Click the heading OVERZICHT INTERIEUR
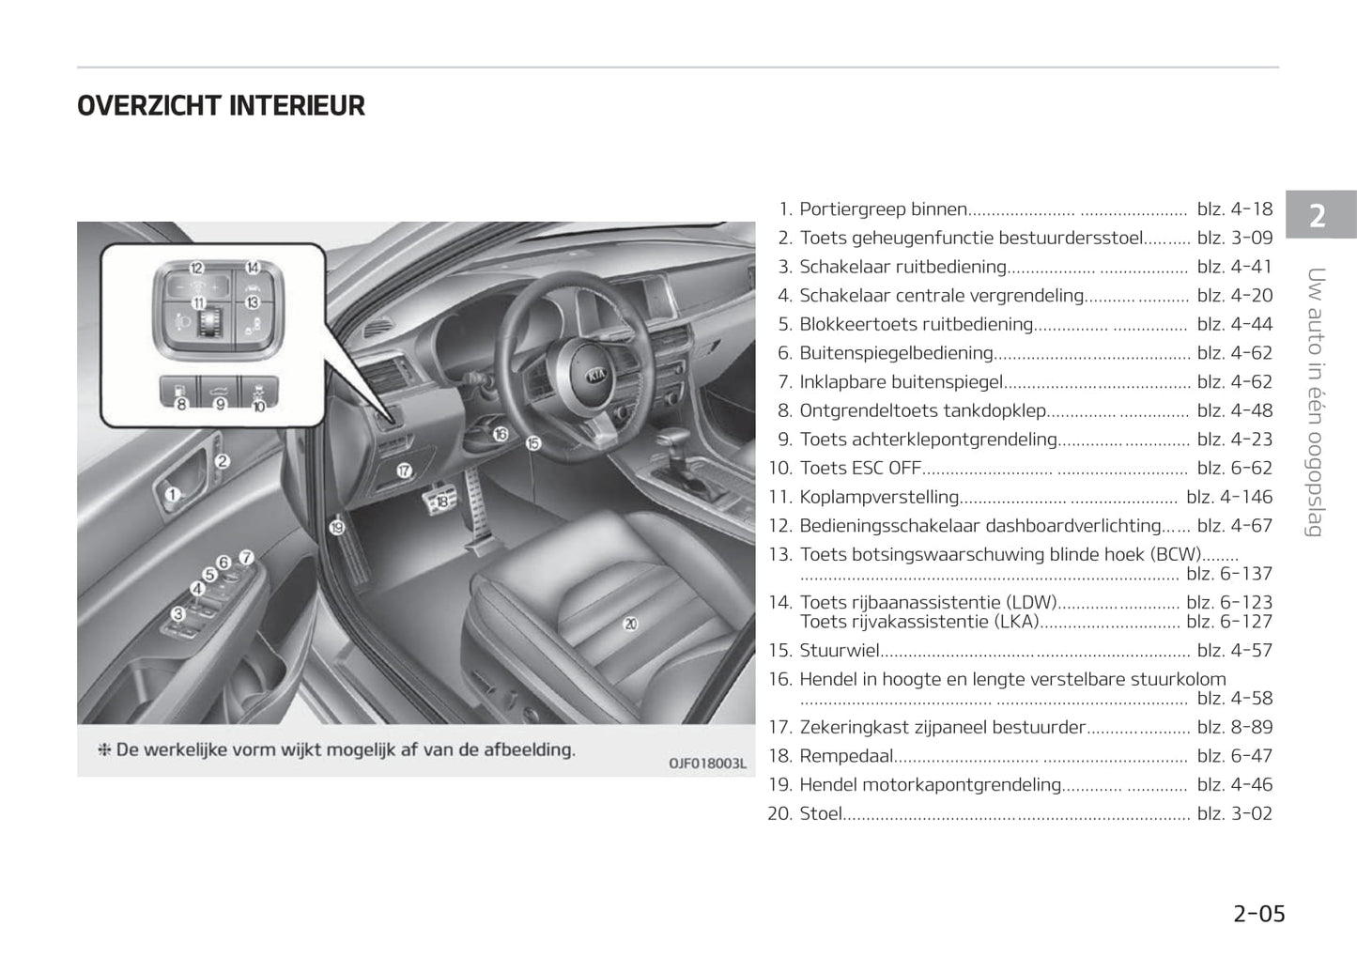(221, 106)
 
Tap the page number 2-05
(1258, 913)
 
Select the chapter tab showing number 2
(1318, 216)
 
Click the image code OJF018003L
(706, 764)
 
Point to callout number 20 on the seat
(630, 624)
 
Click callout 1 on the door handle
(173, 494)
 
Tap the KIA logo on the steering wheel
(596, 375)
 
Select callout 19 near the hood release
(337, 528)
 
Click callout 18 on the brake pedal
(441, 502)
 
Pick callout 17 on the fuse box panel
(404, 471)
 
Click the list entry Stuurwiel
(839, 651)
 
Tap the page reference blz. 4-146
(1228, 497)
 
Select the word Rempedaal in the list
(846, 756)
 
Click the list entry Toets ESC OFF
(859, 469)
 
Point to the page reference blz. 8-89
(1234, 727)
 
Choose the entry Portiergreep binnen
(883, 209)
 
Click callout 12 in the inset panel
(196, 269)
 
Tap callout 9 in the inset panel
(221, 404)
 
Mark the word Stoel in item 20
(820, 813)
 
